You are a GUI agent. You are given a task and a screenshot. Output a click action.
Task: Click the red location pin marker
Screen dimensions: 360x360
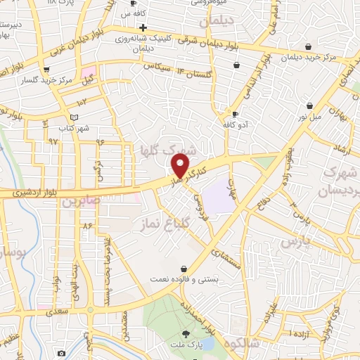point(181,165)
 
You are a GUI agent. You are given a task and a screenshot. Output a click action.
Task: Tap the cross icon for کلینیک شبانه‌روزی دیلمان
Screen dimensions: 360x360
point(143,27)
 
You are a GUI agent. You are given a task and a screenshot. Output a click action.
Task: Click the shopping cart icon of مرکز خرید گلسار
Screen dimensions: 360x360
point(46,69)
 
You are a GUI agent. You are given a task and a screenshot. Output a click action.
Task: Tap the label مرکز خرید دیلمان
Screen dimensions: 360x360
point(330,56)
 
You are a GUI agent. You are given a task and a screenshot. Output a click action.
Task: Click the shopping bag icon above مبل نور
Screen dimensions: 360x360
point(309,105)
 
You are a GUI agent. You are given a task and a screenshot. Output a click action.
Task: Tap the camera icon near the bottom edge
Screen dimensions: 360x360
point(61,352)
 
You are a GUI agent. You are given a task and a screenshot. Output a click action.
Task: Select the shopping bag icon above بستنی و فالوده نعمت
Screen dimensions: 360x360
point(184,269)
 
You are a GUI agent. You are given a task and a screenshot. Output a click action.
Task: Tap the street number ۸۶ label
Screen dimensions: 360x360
point(88,226)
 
